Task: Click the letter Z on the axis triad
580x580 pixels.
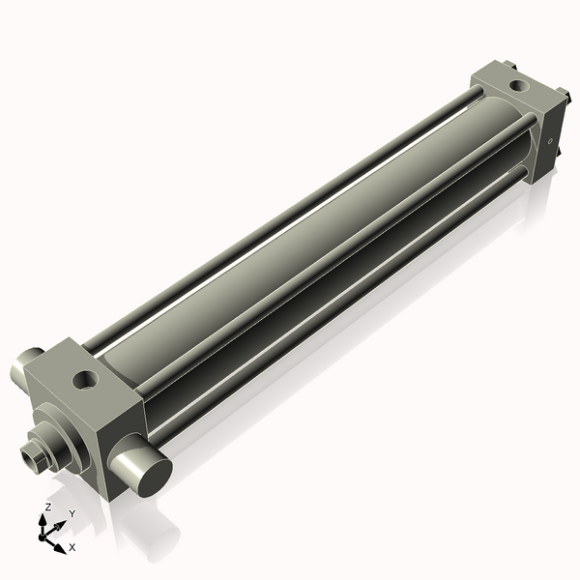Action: pyautogui.click(x=48, y=507)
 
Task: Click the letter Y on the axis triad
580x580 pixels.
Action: pyautogui.click(x=71, y=514)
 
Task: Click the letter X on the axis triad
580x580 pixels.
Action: pyautogui.click(x=72, y=548)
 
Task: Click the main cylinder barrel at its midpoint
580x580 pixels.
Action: pyautogui.click(x=300, y=242)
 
